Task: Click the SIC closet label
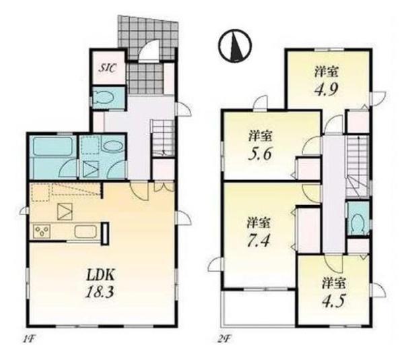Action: point(108,68)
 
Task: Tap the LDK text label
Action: point(100,276)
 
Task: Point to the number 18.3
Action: point(100,293)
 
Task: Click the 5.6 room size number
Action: point(260,154)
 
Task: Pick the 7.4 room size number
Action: point(259,241)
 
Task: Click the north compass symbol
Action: point(235,46)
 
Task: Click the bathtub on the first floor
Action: point(53,146)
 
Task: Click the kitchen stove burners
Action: point(41,231)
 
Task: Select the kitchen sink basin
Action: point(86,232)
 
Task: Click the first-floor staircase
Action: point(162,138)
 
